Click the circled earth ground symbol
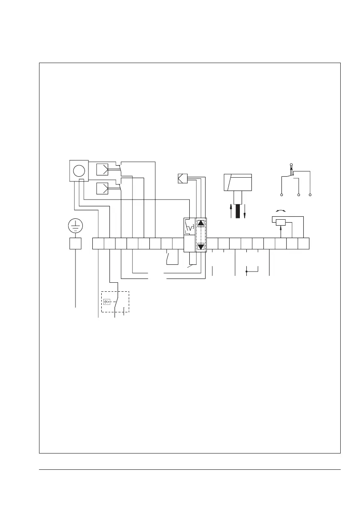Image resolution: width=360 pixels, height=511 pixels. pyautogui.click(x=76, y=226)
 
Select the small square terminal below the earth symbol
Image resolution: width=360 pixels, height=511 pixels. pyautogui.click(x=76, y=244)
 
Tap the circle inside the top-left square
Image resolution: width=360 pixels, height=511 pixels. pyautogui.click(x=79, y=170)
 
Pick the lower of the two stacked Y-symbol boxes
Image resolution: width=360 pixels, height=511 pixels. pyautogui.click(x=103, y=188)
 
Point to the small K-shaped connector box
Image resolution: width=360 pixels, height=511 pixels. pyautogui.click(x=182, y=177)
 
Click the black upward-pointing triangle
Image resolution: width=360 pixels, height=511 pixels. pyautogui.click(x=201, y=223)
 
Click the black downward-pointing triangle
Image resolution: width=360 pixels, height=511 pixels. pyautogui.click(x=201, y=247)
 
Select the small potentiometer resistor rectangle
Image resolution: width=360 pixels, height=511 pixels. pyautogui.click(x=280, y=222)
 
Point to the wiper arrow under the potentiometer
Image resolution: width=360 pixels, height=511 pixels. pyautogui.click(x=280, y=232)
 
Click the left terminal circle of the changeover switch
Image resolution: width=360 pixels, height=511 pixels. pyautogui.click(x=281, y=195)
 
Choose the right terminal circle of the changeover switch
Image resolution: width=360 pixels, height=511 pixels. pyautogui.click(x=310, y=195)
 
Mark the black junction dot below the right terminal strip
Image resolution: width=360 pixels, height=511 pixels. pyautogui.click(x=246, y=272)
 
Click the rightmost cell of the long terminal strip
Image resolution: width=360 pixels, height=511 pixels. pyautogui.click(x=304, y=244)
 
